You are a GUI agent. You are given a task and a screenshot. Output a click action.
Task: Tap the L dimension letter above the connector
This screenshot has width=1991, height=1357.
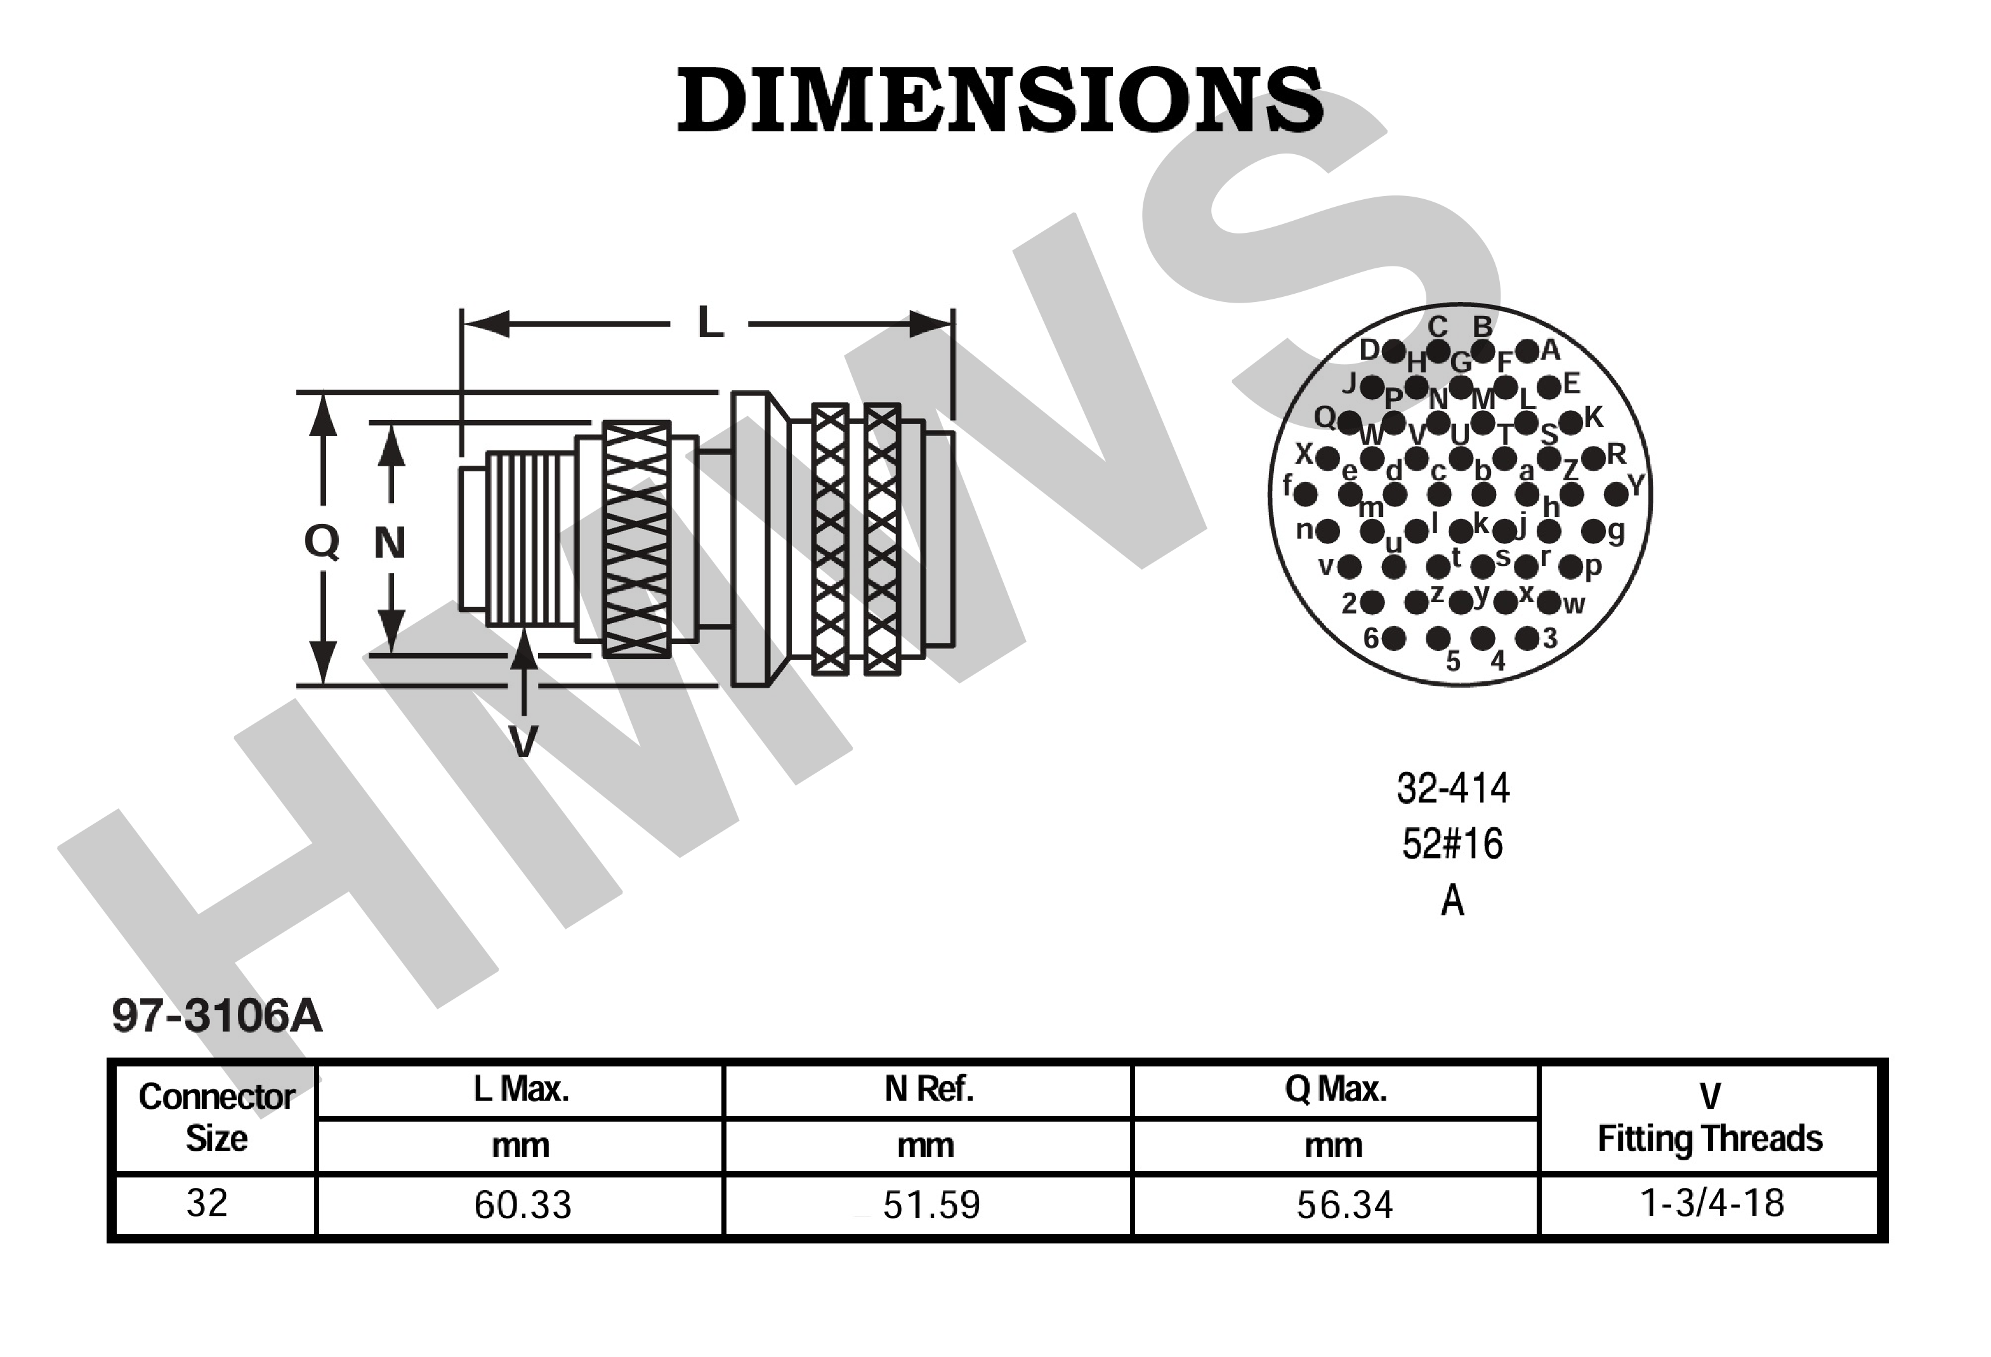tap(710, 323)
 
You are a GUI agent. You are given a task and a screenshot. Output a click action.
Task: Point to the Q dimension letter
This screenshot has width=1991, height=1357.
tap(322, 541)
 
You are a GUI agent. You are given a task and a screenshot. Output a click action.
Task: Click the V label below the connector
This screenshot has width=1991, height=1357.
tap(523, 741)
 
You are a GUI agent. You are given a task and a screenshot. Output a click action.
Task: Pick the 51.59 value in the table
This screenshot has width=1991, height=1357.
tap(931, 1205)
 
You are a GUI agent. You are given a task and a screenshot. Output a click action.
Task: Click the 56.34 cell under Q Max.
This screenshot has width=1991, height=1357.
tap(1344, 1205)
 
